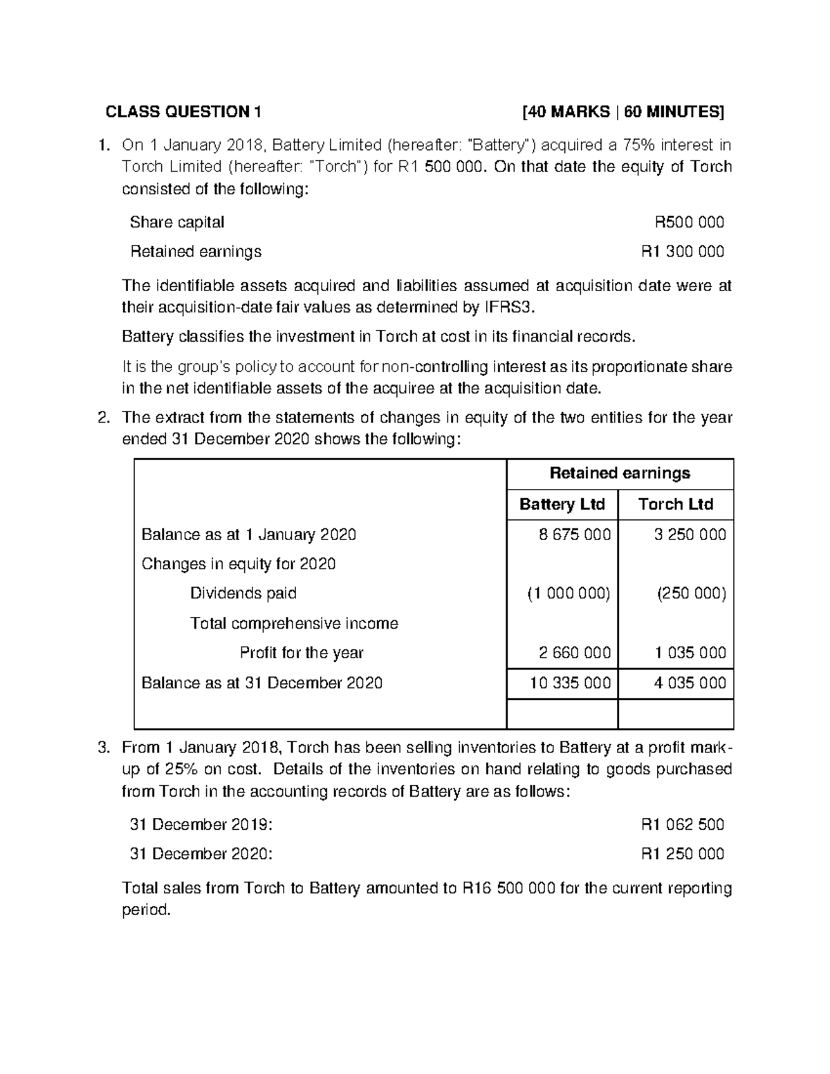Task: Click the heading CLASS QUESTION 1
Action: [x=183, y=112]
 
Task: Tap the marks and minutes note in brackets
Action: [x=624, y=112]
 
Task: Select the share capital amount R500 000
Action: [x=689, y=222]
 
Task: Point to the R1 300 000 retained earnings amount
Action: [x=683, y=251]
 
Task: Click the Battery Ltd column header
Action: [x=562, y=504]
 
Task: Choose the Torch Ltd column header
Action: [x=675, y=504]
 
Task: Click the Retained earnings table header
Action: [x=620, y=473]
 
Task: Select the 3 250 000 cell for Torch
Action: [x=690, y=535]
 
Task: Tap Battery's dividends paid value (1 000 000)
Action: [x=569, y=593]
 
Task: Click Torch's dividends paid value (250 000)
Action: [x=691, y=593]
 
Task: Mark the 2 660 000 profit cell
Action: [x=574, y=653]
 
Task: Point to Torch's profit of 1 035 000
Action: [x=690, y=653]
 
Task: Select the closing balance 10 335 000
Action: [x=570, y=683]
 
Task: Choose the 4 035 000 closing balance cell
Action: [x=690, y=683]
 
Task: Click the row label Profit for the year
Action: [x=301, y=653]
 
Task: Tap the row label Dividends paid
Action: [x=243, y=593]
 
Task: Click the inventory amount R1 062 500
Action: [x=683, y=824]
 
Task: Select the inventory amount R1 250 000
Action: [x=683, y=854]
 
